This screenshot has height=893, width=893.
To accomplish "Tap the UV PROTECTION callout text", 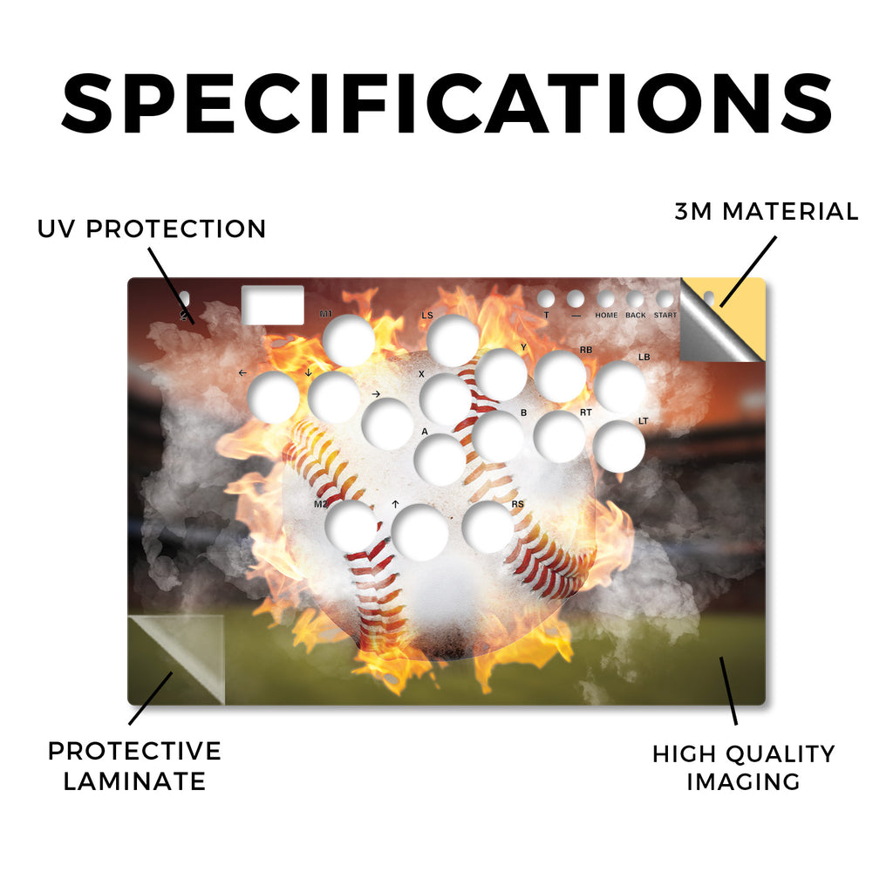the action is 152,229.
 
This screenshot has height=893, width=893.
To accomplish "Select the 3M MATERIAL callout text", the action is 766,211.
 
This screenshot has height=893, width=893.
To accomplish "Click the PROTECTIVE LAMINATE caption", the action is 134,766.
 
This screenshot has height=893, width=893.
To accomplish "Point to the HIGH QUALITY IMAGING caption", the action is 743,767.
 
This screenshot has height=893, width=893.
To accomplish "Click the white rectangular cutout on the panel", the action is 273,305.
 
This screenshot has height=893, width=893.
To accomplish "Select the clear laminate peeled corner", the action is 176,660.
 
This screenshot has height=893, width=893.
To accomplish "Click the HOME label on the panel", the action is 606,315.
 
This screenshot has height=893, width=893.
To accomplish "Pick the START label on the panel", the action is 665,315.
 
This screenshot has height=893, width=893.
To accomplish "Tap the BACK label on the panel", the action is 636,315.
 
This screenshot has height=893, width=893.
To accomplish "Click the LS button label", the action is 427,316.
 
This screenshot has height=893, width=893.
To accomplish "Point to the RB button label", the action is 586,351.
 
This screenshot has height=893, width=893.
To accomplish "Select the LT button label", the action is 643,421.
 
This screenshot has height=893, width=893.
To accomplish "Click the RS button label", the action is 517,504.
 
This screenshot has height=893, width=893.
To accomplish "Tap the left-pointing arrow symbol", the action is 242,373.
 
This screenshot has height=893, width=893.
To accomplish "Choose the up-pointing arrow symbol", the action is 395,504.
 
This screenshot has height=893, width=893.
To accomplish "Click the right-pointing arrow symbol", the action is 375,394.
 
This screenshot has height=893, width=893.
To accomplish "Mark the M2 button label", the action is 321,504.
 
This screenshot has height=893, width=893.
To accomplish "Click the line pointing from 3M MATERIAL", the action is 747,272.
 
